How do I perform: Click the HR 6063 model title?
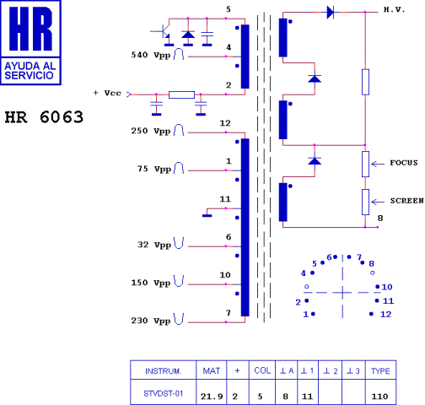tap(44, 117)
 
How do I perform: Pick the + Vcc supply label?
tap(107, 93)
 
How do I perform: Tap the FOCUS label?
tap(404, 162)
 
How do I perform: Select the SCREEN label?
tap(406, 201)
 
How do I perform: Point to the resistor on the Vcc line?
tap(181, 95)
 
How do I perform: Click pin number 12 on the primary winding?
tap(225, 124)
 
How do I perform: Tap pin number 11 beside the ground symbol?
tap(225, 198)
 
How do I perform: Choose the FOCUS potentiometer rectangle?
tap(365, 164)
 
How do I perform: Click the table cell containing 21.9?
tap(211, 395)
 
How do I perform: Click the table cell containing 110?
tap(381, 395)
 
